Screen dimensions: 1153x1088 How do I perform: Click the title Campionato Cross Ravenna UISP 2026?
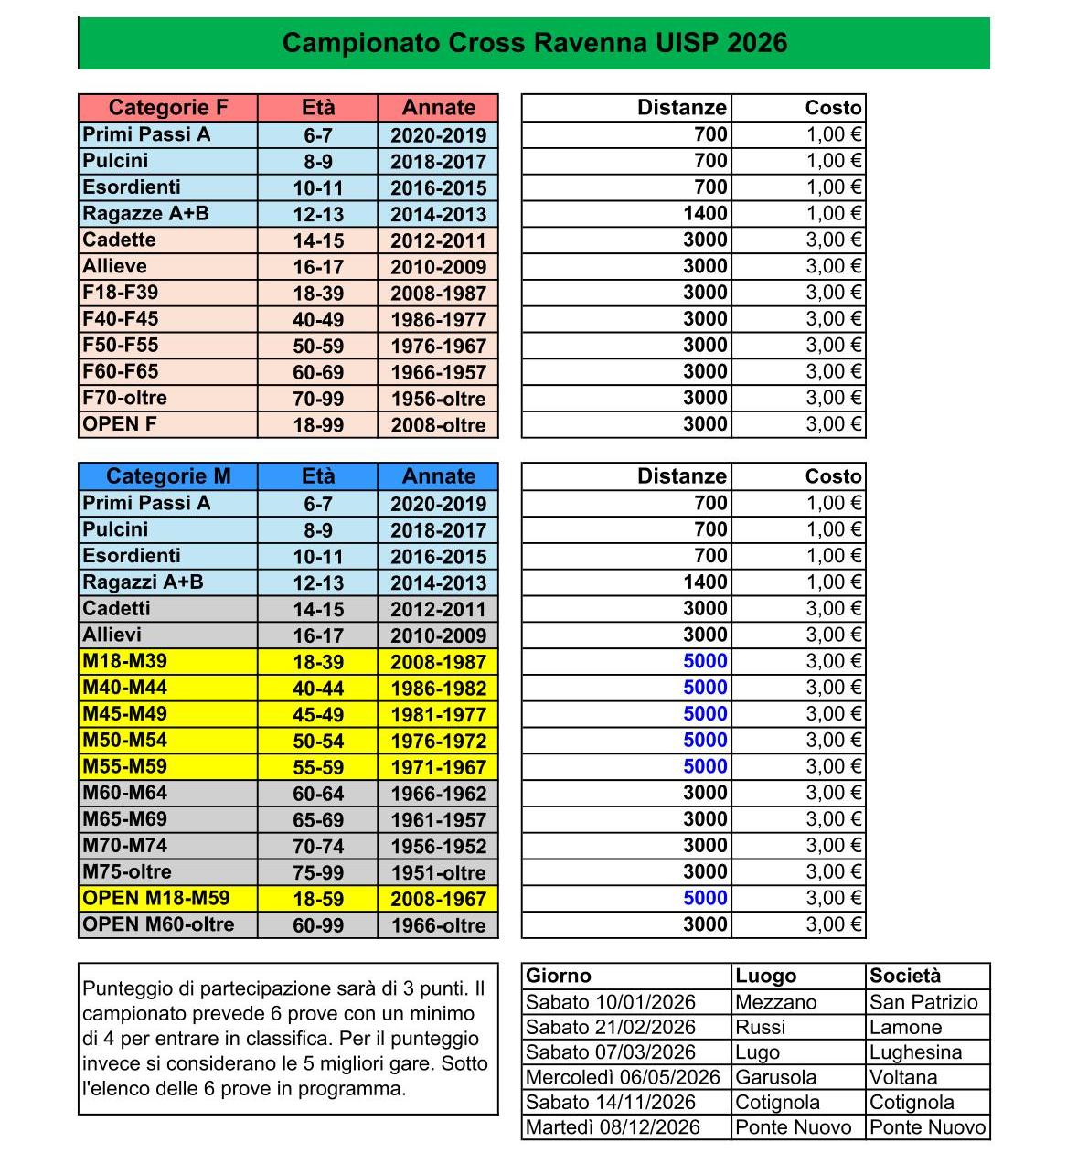coord(534,43)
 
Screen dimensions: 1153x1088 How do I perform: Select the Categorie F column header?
coord(168,108)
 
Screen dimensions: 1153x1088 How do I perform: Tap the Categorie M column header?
coord(168,476)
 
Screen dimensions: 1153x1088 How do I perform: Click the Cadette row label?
coord(120,240)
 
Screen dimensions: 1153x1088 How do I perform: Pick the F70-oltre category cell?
coord(125,399)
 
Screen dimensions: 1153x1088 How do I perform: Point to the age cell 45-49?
coord(318,715)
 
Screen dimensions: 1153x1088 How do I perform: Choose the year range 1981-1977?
coord(438,715)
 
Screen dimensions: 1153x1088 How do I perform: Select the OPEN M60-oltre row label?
coord(158,925)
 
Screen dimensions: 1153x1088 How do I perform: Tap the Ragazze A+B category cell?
coord(146,214)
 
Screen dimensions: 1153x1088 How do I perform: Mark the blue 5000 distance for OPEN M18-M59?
coord(705,899)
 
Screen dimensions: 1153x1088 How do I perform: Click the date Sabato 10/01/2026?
coord(611,1002)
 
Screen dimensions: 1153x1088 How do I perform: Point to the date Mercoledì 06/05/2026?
coord(624,1078)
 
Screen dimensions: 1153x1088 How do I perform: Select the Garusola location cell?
coord(776,1078)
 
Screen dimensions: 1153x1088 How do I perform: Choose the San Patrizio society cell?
coord(923,1002)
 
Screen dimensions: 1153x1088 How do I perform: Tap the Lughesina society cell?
coord(915,1052)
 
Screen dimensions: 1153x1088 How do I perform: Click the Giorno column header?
coord(559,976)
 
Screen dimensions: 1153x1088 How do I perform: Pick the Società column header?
coord(905,976)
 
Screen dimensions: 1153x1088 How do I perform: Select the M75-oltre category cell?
coord(127,872)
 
